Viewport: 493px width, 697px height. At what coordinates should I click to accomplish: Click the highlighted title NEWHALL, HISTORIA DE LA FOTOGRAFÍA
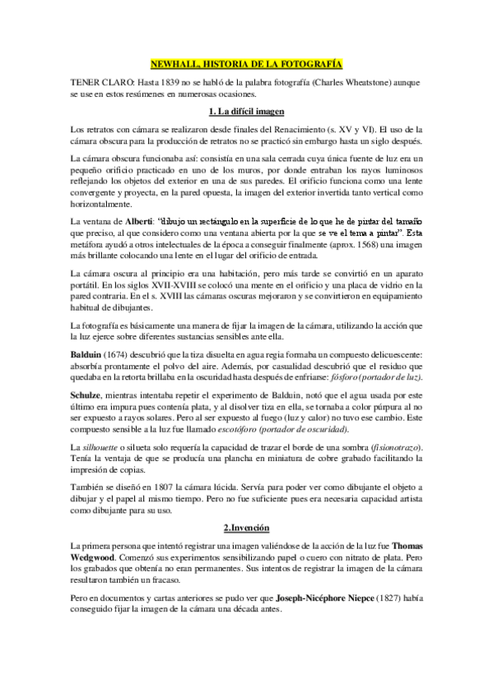coord(246,63)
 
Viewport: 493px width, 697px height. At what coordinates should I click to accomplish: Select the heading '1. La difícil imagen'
coord(246,111)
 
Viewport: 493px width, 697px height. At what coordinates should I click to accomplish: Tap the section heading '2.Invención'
coord(246,525)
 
